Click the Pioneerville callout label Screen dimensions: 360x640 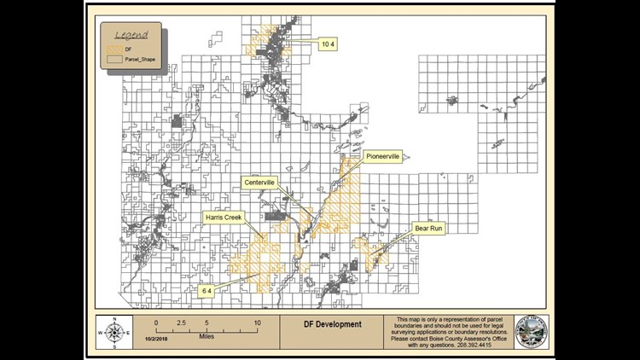point(382,156)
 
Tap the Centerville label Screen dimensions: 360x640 point(259,183)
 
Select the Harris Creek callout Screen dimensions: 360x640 point(224,218)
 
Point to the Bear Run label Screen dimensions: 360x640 point(428,229)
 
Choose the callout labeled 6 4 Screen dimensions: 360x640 point(206,291)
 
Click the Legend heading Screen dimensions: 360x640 point(131,35)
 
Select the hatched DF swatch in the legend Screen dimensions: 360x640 point(117,52)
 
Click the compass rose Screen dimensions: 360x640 point(113,332)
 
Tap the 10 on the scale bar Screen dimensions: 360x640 point(257,323)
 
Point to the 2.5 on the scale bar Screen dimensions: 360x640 point(181,323)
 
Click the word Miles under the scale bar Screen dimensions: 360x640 point(207,337)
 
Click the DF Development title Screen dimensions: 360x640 point(332,324)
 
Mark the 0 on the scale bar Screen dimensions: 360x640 point(156,323)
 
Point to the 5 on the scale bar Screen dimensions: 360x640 point(207,323)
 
